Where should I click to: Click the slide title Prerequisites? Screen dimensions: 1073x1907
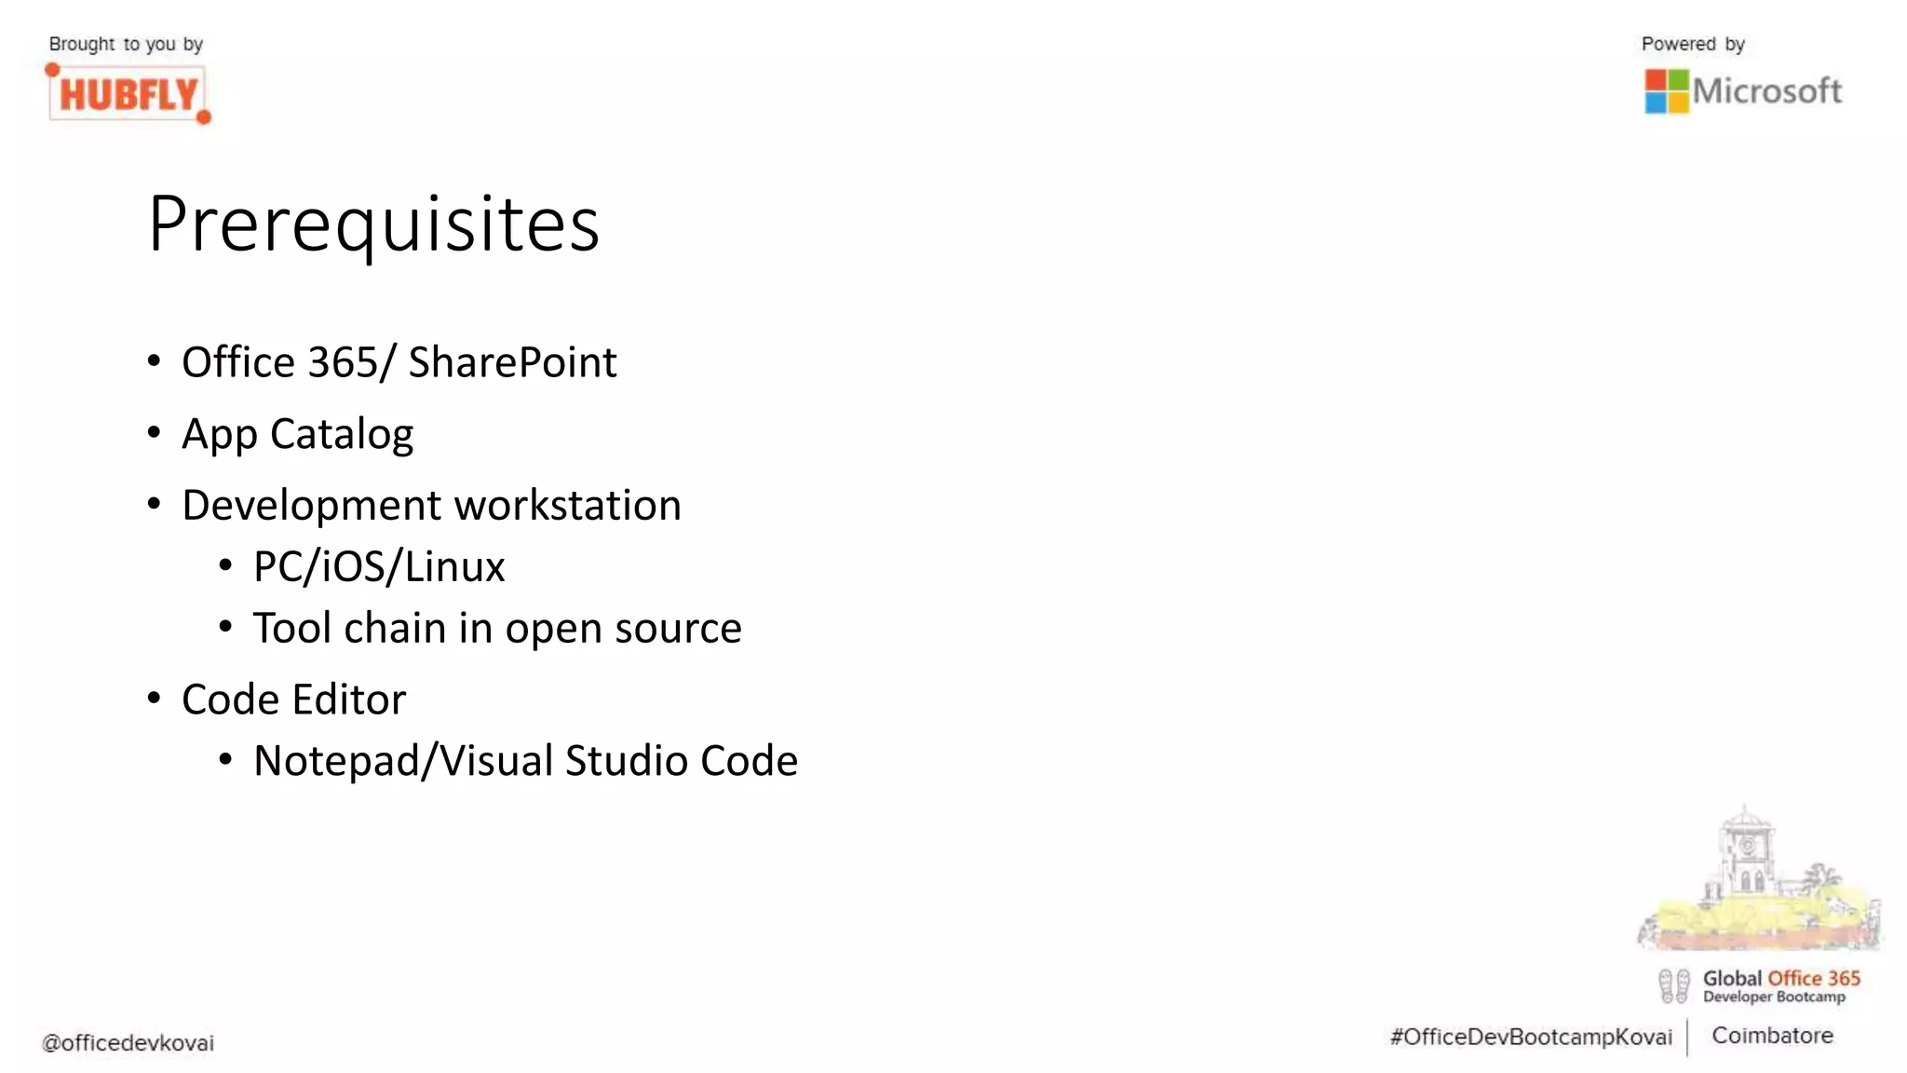(x=373, y=224)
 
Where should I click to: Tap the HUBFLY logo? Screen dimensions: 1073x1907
(x=128, y=94)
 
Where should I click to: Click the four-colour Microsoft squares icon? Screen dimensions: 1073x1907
(x=1666, y=91)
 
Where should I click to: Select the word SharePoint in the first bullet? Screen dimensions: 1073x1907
(x=512, y=362)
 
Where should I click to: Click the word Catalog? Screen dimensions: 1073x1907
(x=341, y=434)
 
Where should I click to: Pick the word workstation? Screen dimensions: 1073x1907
(x=568, y=505)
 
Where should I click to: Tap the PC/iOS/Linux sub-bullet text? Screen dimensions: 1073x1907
(x=379, y=566)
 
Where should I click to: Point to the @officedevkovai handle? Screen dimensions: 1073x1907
(x=128, y=1043)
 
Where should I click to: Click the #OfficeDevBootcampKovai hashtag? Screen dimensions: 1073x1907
(x=1531, y=1038)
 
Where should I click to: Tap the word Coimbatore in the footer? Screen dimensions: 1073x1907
(x=1772, y=1036)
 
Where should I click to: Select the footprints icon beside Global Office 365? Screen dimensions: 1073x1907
(x=1673, y=986)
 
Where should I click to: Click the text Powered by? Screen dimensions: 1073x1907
(x=1693, y=44)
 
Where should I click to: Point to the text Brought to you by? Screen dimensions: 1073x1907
(x=126, y=44)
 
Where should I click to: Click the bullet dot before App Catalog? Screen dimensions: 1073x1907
(x=155, y=432)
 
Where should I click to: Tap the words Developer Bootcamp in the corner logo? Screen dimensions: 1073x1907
(x=1774, y=998)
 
